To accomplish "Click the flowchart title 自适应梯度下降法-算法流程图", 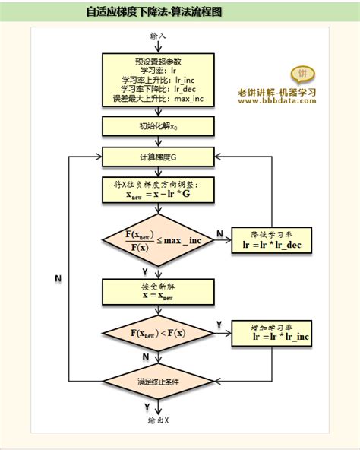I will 154,13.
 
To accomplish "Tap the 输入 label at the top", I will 158,36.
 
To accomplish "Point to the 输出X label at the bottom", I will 158,420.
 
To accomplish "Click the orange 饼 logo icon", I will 302,74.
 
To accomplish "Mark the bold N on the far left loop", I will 58,279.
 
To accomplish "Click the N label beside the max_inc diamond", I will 219,233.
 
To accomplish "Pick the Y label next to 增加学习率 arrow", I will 219,325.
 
